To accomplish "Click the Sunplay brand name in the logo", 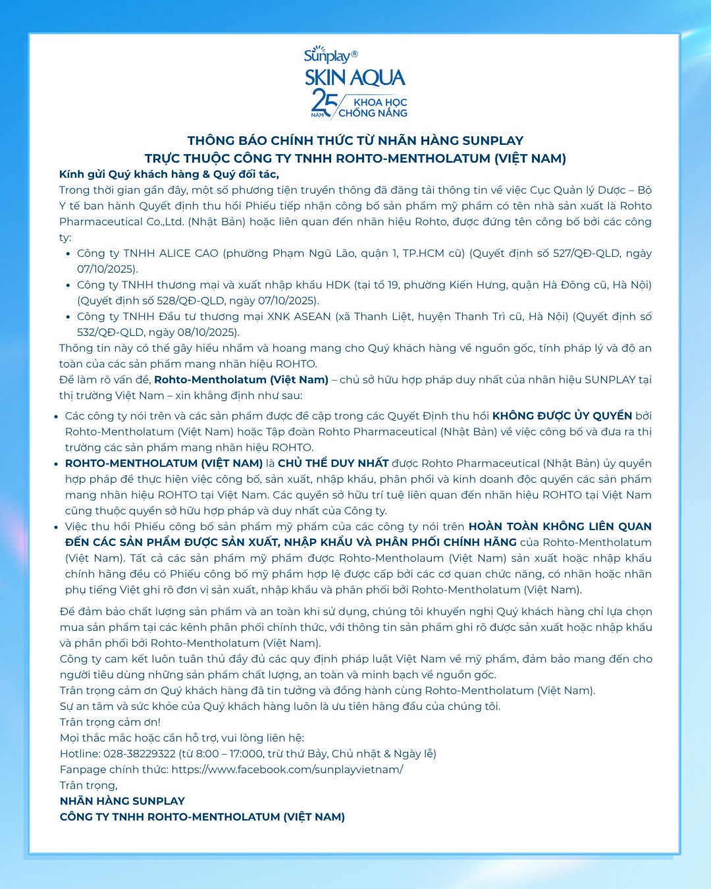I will [327, 55].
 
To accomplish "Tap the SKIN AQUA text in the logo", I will [355, 78].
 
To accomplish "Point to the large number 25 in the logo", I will [324, 101].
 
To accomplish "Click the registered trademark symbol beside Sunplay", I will [354, 53].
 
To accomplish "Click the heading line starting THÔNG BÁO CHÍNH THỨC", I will [355, 140].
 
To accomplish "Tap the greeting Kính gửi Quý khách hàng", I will [169, 174].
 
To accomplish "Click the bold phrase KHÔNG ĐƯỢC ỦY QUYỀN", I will [562, 416].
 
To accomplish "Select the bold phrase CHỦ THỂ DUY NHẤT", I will [333, 464].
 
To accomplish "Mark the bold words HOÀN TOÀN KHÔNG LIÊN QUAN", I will [560, 527].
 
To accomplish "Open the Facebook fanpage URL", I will [287, 770].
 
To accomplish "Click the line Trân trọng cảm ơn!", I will [110, 722].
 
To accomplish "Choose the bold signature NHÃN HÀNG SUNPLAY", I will [122, 801].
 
